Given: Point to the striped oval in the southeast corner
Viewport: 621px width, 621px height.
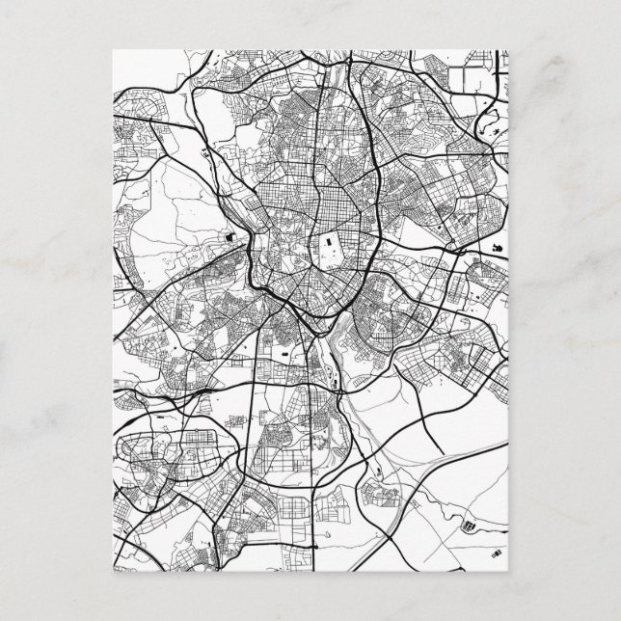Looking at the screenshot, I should (470, 526).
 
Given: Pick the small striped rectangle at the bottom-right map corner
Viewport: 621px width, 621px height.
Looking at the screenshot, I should (498, 555).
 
